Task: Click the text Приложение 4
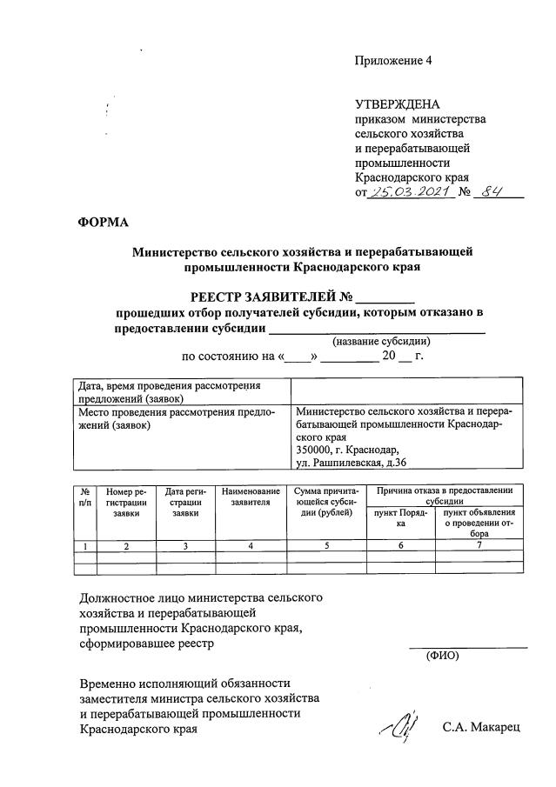coord(392,61)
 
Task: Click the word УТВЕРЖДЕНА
coord(398,104)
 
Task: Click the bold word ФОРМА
coord(103,223)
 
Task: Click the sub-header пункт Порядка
coord(401,519)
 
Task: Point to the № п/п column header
coord(84,497)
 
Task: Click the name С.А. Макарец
coord(479,727)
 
